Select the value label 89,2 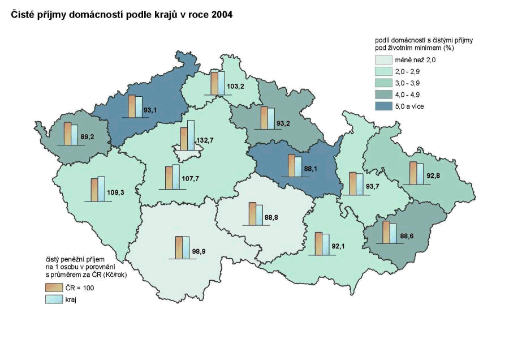(87, 136)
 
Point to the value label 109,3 (115, 192)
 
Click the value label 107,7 (189, 179)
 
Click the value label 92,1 (339, 246)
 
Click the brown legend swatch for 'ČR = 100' (54, 288)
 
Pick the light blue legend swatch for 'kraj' (54, 300)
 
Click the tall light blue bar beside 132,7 (191, 135)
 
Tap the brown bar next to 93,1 (131, 106)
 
